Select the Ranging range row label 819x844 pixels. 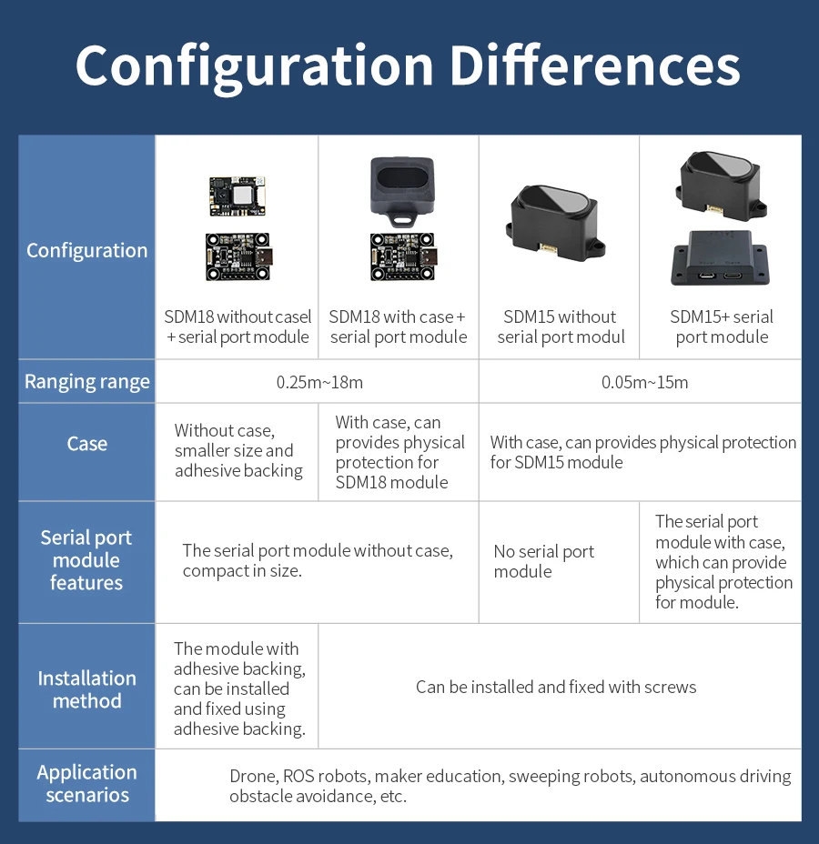86,382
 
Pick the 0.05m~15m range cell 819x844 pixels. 644,382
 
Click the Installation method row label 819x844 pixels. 86,689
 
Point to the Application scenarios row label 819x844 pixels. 86,783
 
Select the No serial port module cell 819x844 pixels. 543,561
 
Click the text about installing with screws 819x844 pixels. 556,687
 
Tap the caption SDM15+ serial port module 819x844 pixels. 722,327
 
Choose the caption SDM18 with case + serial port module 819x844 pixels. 398,327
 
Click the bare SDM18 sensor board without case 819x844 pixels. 237,196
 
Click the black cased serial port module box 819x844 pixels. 720,257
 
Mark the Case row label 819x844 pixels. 86,444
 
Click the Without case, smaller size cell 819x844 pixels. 238,450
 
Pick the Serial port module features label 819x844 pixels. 86,560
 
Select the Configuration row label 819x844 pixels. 86,250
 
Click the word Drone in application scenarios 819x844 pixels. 252,776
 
